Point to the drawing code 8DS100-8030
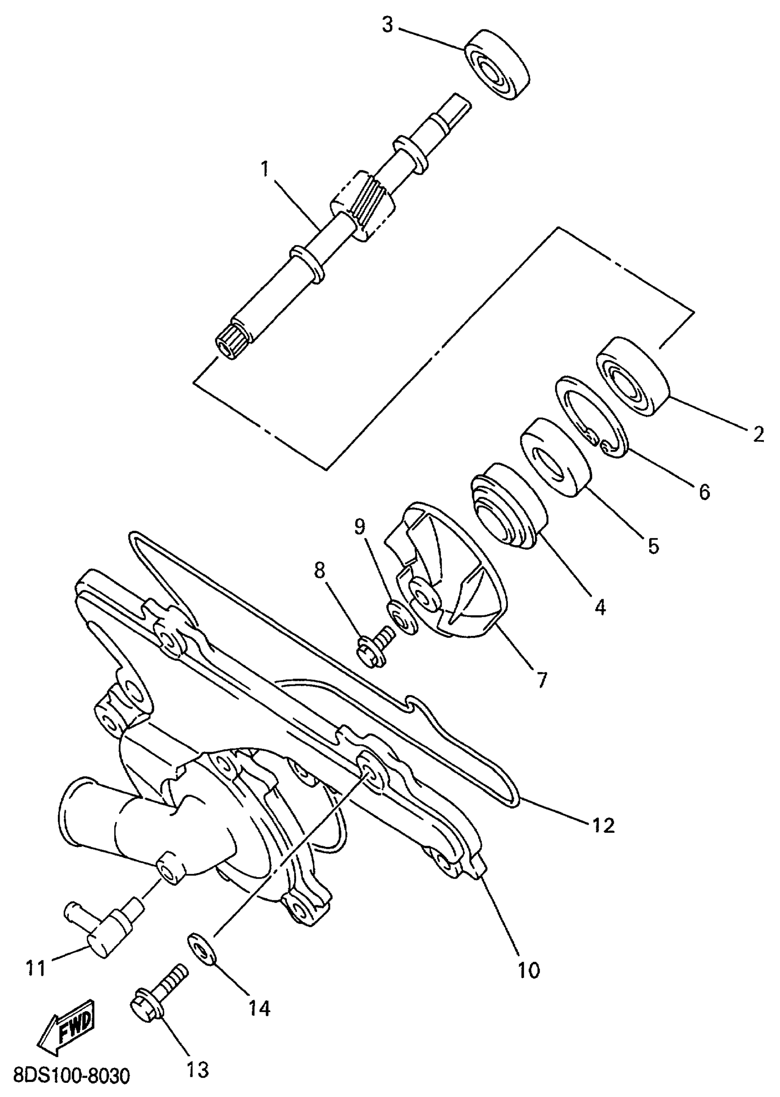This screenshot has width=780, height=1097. coord(71,1075)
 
